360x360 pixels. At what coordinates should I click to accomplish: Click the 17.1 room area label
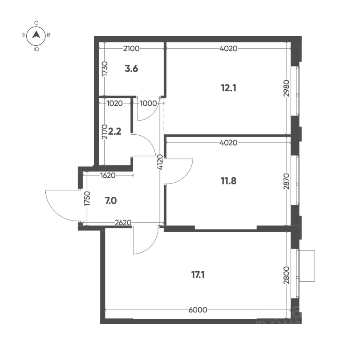point(199,275)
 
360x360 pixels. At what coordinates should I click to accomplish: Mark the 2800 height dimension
point(286,275)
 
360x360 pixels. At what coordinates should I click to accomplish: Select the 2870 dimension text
point(286,181)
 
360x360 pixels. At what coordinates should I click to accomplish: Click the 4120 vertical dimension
point(160,162)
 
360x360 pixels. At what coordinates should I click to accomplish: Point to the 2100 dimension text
point(131,48)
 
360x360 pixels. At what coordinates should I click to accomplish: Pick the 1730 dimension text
point(105,69)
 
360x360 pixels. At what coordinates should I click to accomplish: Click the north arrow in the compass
point(36,35)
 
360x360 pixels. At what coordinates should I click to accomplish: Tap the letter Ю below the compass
point(36,49)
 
